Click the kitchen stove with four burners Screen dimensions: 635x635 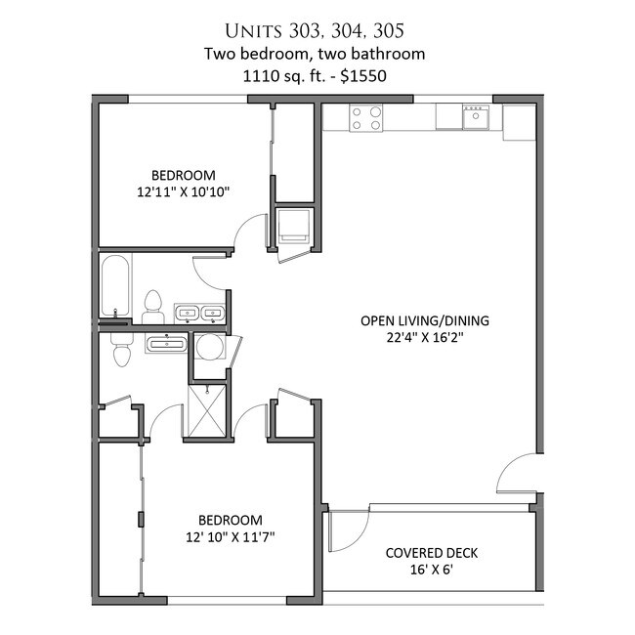366,118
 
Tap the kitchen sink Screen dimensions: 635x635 476,117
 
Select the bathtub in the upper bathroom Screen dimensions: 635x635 115,285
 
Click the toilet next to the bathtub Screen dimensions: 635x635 153,307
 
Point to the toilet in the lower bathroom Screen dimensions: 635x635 122,350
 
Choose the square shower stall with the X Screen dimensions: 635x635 207,410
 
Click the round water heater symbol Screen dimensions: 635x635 209,347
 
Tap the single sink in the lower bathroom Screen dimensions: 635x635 166,344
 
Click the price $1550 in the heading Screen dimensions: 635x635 363,76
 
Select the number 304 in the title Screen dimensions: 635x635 347,31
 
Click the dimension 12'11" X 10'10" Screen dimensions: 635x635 183,191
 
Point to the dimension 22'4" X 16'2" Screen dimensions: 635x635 424,337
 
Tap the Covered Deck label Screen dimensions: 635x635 431,553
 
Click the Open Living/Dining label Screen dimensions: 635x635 425,320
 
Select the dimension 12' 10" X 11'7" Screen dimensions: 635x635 230,537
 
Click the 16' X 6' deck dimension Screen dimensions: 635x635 431,570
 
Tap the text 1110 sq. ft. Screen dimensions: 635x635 284,76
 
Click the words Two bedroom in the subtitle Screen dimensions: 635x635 258,54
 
